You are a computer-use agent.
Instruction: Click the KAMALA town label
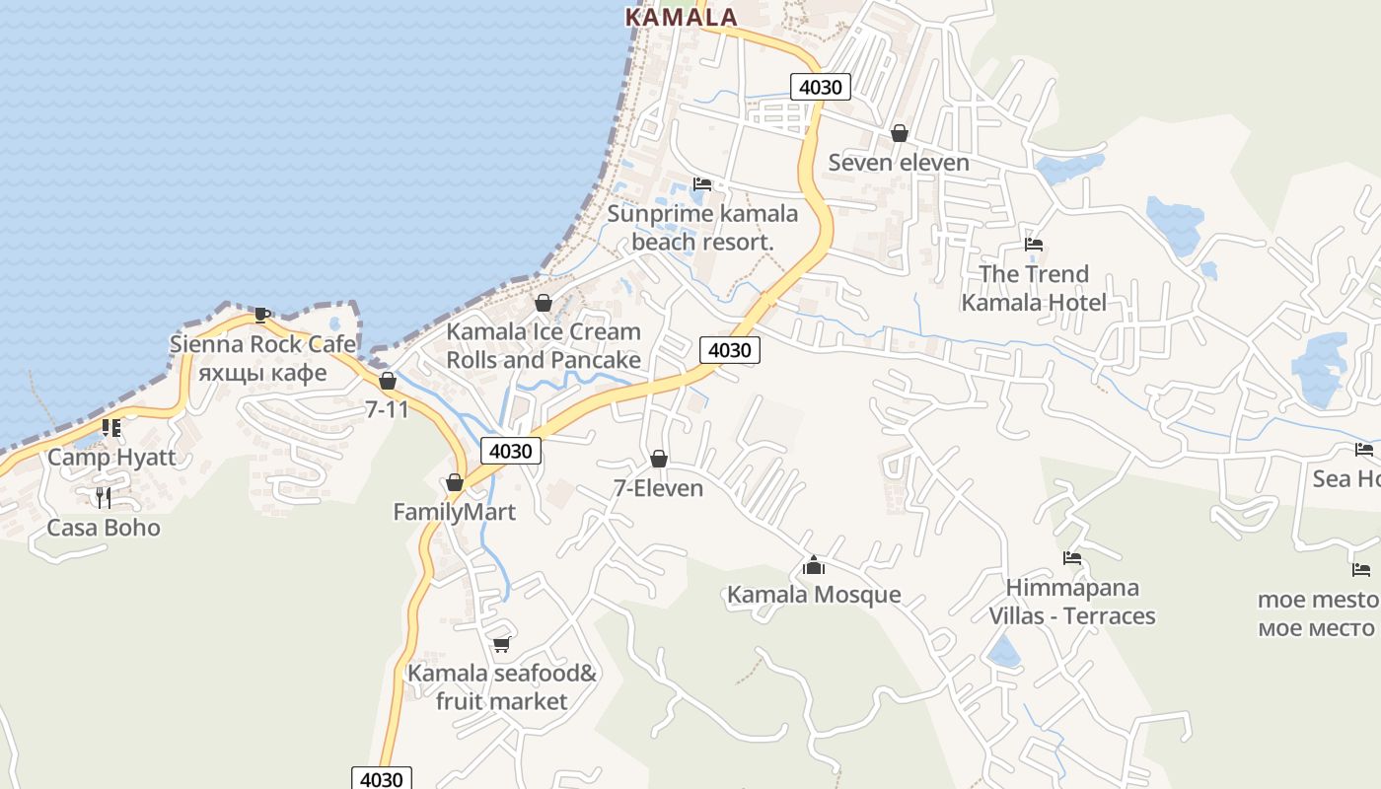(x=682, y=17)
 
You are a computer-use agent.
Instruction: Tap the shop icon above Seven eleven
(x=899, y=133)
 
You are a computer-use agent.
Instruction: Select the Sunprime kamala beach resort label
(x=702, y=228)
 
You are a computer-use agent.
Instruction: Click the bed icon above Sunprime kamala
(x=702, y=184)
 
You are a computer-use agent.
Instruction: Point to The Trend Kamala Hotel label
(x=1034, y=288)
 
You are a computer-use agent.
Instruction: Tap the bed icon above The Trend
(x=1034, y=245)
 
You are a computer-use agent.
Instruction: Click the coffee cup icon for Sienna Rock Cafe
(x=262, y=315)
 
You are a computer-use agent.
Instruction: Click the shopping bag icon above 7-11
(x=388, y=381)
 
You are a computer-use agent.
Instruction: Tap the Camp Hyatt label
(x=111, y=458)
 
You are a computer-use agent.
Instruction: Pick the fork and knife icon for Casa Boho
(x=104, y=498)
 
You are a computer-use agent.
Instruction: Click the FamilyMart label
(x=454, y=513)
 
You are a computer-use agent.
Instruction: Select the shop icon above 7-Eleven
(x=658, y=460)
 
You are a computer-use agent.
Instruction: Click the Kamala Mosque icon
(x=813, y=565)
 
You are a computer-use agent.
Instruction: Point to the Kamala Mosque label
(x=814, y=595)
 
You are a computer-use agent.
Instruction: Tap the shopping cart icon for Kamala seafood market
(x=501, y=645)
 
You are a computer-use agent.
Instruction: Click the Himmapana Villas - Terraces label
(x=1072, y=602)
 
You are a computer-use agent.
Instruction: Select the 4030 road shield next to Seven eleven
(x=821, y=87)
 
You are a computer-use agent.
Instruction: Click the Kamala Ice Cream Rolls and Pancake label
(x=544, y=346)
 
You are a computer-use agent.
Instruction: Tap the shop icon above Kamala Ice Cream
(x=543, y=303)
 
